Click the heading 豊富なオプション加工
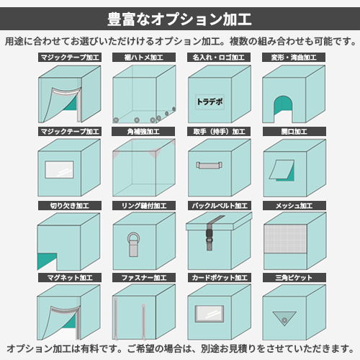pos(179,19)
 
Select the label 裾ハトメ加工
pos(144,58)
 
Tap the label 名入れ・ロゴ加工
pos(219,58)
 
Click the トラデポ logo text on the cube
pos(210,102)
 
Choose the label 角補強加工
pos(143,132)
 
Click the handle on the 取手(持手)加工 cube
pos(209,165)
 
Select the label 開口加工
pos(294,132)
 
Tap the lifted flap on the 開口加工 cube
pos(282,169)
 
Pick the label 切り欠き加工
pos(70,206)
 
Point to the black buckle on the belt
pos(210,235)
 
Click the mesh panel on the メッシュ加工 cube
pos(285,239)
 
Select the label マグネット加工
pos(70,278)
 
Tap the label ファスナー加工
pos(144,278)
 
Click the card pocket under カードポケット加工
pos(210,314)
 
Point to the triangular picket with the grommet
pos(284,318)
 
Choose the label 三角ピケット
pos(294,278)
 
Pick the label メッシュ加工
pos(294,206)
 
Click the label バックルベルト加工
pos(220,206)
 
